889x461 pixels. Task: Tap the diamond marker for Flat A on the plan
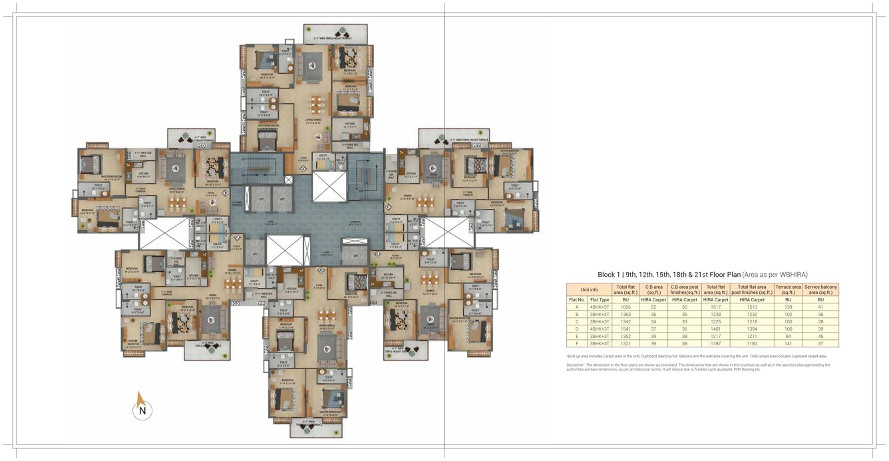(303, 169)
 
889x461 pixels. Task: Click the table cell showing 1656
(625, 307)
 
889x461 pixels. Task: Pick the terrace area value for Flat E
(788, 336)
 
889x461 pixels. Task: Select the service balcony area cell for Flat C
(820, 321)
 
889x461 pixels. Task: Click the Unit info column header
(589, 289)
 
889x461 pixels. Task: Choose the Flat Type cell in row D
(600, 329)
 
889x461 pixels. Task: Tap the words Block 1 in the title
(608, 274)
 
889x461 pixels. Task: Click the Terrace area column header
(788, 289)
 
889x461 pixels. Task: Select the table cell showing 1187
(715, 343)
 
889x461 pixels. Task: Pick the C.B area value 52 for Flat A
(654, 307)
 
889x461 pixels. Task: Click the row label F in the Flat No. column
(576, 343)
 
